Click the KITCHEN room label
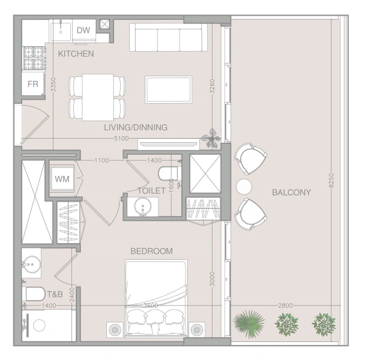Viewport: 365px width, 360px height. pyautogui.click(x=76, y=54)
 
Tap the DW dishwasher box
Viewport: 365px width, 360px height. pyautogui.click(x=83, y=31)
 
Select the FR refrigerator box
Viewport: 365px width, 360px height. pyautogui.click(x=32, y=84)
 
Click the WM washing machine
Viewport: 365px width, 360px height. pyautogui.click(x=61, y=179)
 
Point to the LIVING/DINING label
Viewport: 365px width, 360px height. pyautogui.click(x=135, y=127)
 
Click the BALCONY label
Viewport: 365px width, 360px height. pyautogui.click(x=291, y=193)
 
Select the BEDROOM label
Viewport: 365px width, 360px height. pyautogui.click(x=151, y=251)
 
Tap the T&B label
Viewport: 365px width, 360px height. pyautogui.click(x=55, y=295)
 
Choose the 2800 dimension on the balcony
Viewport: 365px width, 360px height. pyautogui.click(x=286, y=306)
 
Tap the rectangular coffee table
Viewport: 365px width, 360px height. pyautogui.click(x=168, y=89)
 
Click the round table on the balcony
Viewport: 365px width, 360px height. pyautogui.click(x=243, y=187)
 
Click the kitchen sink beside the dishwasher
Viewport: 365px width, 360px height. pyautogui.click(x=62, y=31)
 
